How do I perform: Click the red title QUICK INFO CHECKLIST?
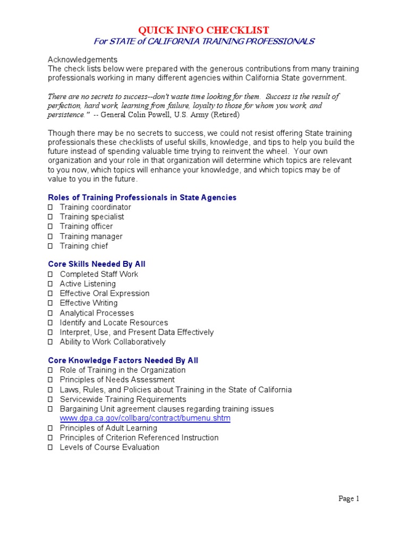pyautogui.click(x=204, y=30)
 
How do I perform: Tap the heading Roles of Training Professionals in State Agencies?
pyautogui.click(x=142, y=197)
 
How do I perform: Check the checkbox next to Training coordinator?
pyautogui.click(x=50, y=207)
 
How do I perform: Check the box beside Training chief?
pyautogui.click(x=50, y=246)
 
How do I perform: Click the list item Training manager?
pyautogui.click(x=91, y=237)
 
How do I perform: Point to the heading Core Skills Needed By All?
pyautogui.click(x=97, y=264)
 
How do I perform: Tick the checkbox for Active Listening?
pyautogui.click(x=50, y=284)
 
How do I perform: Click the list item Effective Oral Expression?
pyautogui.click(x=104, y=293)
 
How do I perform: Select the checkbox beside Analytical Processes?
pyautogui.click(x=50, y=313)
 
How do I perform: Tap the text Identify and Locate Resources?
pyautogui.click(x=114, y=322)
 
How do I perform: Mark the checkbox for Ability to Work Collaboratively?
pyautogui.click(x=50, y=342)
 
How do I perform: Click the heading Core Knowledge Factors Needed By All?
pyautogui.click(x=123, y=361)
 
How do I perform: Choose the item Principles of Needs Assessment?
pyautogui.click(x=117, y=380)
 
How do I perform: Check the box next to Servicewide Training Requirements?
pyautogui.click(x=50, y=399)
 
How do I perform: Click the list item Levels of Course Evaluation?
pyautogui.click(x=109, y=447)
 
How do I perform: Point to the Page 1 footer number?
pyautogui.click(x=350, y=498)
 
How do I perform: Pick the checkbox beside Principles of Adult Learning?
pyautogui.click(x=50, y=428)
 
